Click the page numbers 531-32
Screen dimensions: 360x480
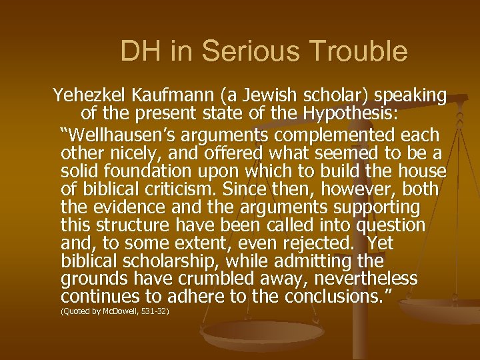[x=155, y=311]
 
